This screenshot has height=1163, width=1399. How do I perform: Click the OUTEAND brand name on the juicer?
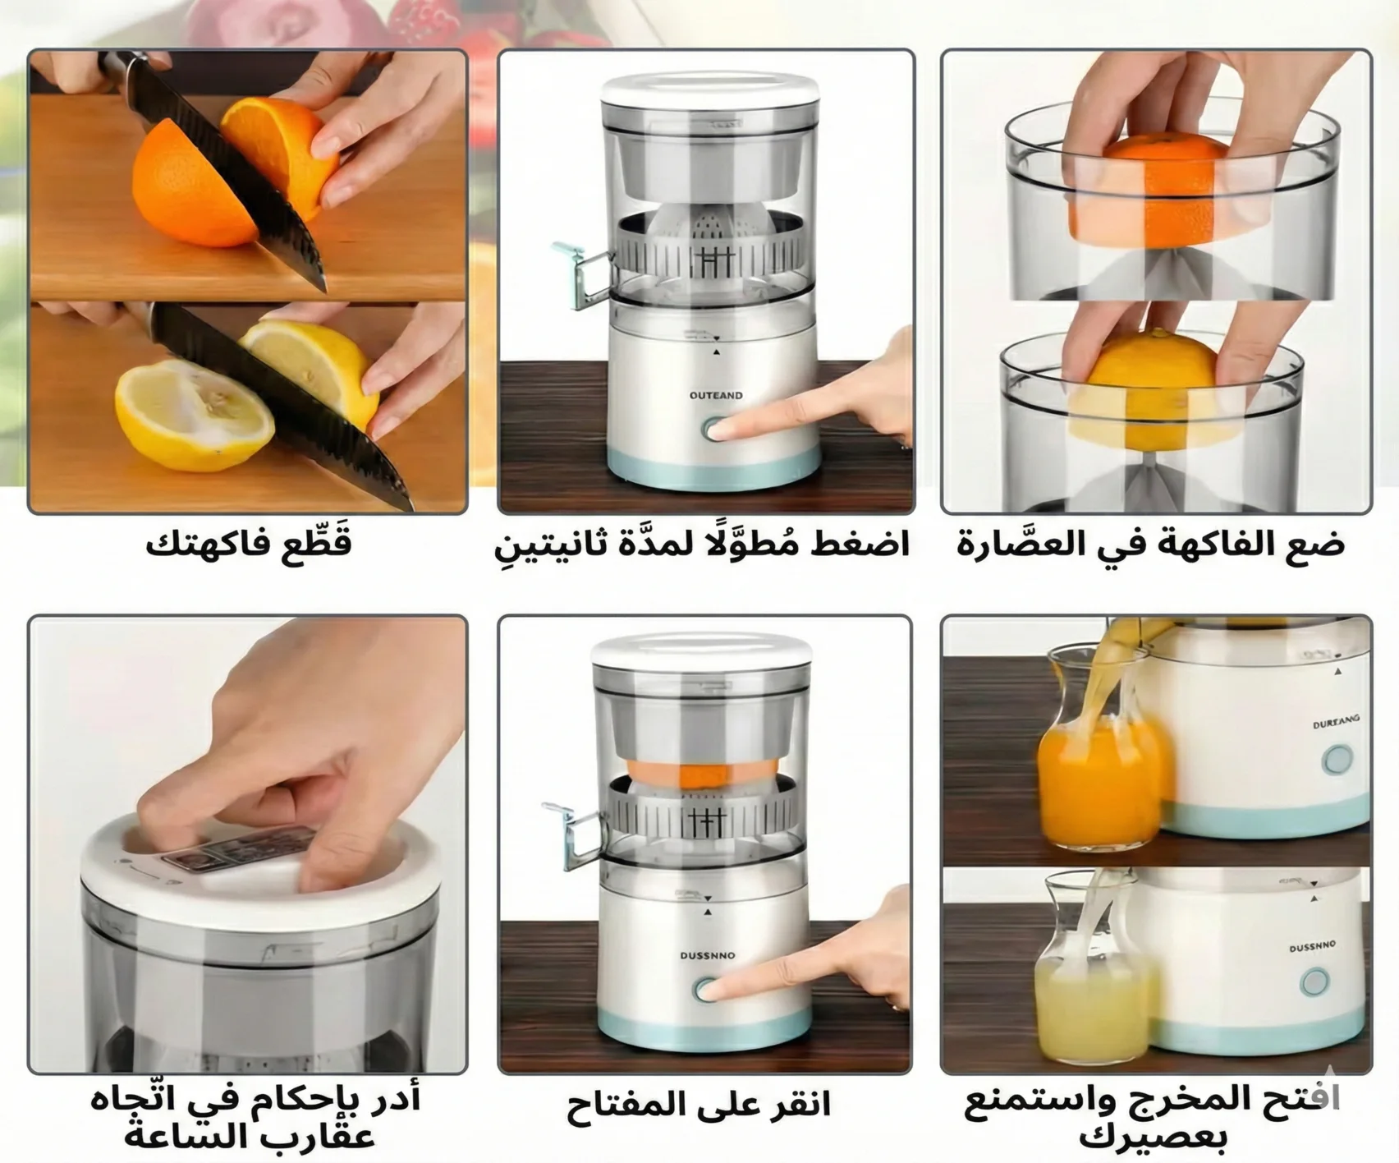tap(716, 396)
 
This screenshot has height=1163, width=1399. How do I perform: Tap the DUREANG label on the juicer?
tap(1336, 722)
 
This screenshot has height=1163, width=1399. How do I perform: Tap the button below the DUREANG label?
tap(1337, 760)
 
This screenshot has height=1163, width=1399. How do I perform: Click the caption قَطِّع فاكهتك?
tap(249, 544)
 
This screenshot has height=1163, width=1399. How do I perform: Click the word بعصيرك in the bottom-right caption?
tap(1153, 1138)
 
